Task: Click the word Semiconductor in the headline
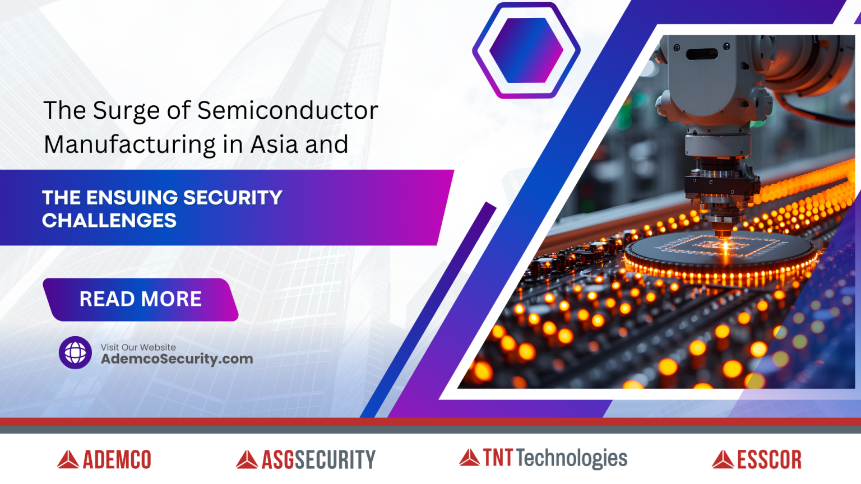(x=288, y=110)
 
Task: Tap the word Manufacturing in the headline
(x=129, y=145)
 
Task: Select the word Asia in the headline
(x=274, y=145)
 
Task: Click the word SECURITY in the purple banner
(x=232, y=198)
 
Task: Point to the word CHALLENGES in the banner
(x=109, y=221)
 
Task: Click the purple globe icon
(x=75, y=352)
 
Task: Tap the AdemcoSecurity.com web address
(x=177, y=359)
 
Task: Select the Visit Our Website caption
(x=138, y=347)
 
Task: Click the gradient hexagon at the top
(x=526, y=50)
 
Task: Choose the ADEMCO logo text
(x=117, y=460)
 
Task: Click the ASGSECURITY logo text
(x=318, y=460)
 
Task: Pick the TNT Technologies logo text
(x=555, y=458)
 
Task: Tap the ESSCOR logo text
(x=769, y=460)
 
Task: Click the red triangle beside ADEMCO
(x=68, y=460)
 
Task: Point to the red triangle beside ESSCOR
(x=723, y=460)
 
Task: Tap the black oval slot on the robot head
(x=701, y=54)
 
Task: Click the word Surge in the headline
(x=126, y=111)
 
